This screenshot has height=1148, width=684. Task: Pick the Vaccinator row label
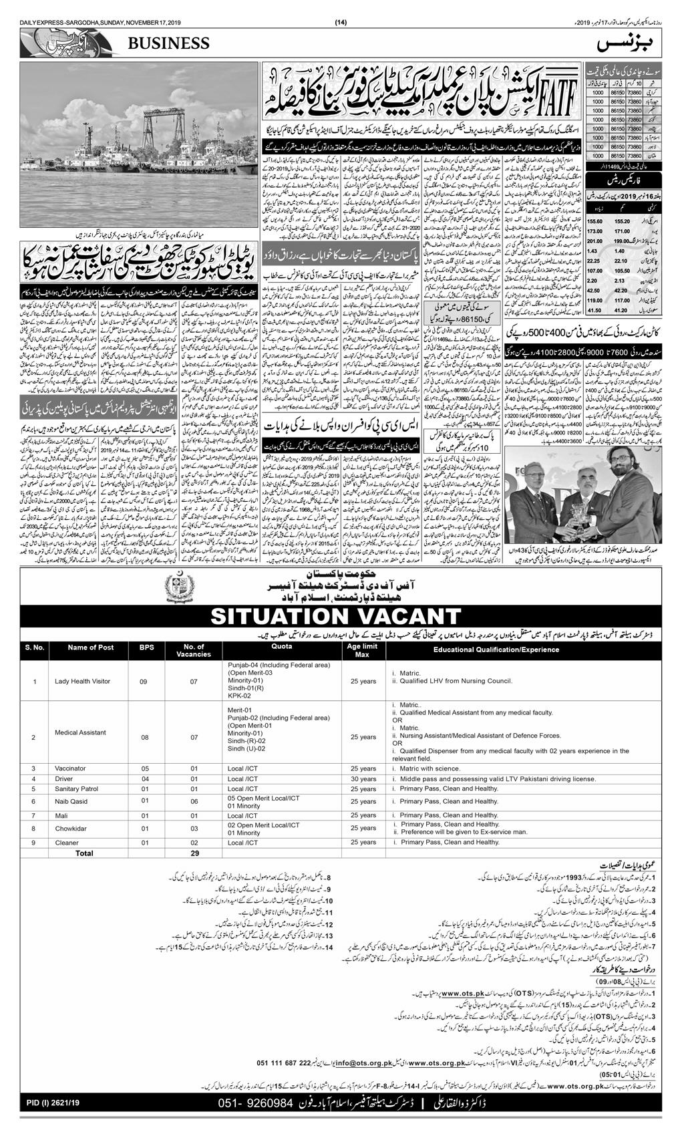(70, 768)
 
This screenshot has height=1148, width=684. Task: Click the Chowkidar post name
(71, 829)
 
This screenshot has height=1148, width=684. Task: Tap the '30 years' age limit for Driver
(363, 778)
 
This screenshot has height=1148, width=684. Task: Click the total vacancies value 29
(194, 853)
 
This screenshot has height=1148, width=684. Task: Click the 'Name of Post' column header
(91, 648)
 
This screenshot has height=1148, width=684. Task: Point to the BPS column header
(146, 648)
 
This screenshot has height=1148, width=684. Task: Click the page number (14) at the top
(341, 24)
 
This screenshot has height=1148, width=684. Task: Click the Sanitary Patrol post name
(76, 788)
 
